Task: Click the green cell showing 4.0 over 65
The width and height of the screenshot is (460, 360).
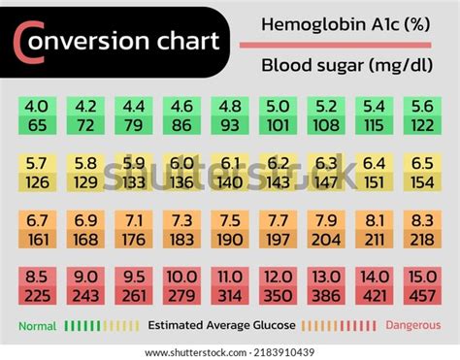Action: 37,115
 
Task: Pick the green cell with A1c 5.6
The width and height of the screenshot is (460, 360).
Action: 422,115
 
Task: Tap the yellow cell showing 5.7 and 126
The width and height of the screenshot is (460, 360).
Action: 37,172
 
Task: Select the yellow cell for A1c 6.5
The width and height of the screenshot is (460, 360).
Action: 422,172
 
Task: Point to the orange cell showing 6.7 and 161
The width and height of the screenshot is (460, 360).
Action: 37,229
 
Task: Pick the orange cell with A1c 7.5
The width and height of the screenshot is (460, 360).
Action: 230,229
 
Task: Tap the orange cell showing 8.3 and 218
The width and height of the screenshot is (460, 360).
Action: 422,229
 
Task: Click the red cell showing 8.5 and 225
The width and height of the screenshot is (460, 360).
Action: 37,285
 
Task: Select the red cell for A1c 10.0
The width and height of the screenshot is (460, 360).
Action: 181,285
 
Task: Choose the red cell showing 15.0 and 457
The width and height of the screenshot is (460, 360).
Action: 422,285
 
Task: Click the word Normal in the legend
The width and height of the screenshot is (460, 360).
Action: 37,326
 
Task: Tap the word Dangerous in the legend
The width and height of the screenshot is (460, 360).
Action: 411,326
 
